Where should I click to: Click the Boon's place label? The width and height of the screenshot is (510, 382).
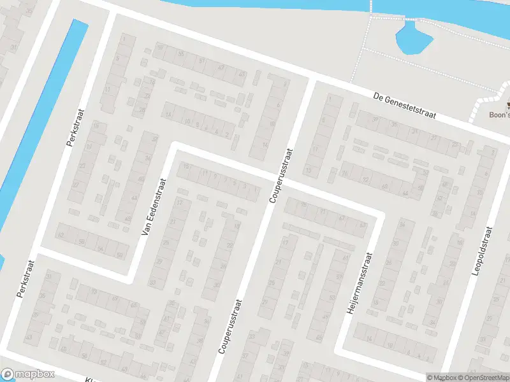pyautogui.click(x=499, y=116)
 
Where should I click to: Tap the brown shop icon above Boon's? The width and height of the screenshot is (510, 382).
pyautogui.click(x=508, y=106)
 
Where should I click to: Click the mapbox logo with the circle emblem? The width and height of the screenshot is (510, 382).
pyautogui.click(x=27, y=374)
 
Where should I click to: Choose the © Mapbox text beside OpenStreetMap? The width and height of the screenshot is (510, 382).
pyautogui.click(x=441, y=378)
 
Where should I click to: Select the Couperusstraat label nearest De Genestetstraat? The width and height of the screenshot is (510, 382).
pyautogui.click(x=280, y=176)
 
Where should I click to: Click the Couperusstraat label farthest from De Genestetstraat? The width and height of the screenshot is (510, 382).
pyautogui.click(x=230, y=327)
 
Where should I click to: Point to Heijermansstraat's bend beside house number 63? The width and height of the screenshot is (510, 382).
pyautogui.click(x=380, y=216)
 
